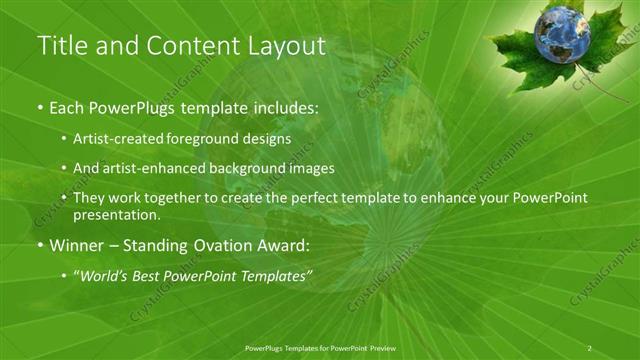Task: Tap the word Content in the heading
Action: tap(188, 46)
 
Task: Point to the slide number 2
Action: tap(590, 347)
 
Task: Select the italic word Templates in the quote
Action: tap(273, 276)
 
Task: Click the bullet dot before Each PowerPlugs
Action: tap(40, 107)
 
